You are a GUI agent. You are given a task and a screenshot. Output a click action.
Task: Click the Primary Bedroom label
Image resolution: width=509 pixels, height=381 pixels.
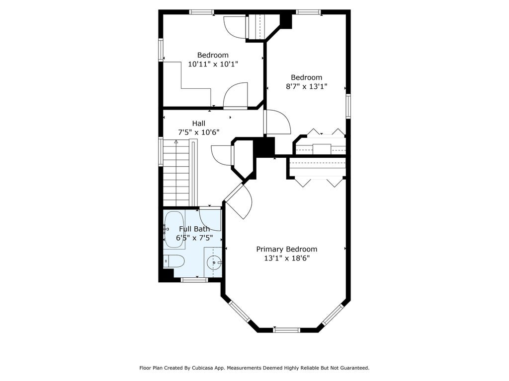pos(287,249)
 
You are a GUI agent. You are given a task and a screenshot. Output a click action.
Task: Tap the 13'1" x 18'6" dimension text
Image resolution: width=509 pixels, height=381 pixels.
pos(287,258)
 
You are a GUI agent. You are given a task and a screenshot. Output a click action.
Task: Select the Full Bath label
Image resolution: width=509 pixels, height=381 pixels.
pos(194,229)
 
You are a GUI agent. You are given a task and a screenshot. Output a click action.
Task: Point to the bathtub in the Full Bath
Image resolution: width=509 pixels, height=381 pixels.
pos(174,230)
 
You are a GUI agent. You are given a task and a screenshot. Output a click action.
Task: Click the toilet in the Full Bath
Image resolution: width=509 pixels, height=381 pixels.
pos(174,261)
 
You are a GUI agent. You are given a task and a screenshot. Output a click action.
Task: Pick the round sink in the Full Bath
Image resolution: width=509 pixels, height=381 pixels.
pos(214,262)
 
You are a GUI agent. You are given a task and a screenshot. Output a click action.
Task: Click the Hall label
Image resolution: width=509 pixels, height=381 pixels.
pos(199,124)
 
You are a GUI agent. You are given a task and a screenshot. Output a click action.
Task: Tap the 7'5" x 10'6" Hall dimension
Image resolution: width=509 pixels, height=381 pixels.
pos(199,132)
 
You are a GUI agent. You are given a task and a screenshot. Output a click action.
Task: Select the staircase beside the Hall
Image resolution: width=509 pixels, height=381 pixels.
pos(176,173)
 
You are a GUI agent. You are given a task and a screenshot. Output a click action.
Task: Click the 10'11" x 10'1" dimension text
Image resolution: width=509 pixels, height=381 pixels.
pos(213,64)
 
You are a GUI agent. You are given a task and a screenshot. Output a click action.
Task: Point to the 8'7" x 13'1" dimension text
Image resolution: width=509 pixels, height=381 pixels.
pos(306,86)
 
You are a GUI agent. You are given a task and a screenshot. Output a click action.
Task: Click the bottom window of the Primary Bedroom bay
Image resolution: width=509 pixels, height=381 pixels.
pos(286,330)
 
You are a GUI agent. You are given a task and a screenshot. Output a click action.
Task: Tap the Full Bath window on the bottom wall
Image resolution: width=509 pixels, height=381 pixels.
pos(194,280)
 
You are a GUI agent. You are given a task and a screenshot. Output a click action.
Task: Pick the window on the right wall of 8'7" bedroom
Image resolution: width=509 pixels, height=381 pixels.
pos(348,106)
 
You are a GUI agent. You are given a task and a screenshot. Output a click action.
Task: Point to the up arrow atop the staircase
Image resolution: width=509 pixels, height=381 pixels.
pos(176,141)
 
